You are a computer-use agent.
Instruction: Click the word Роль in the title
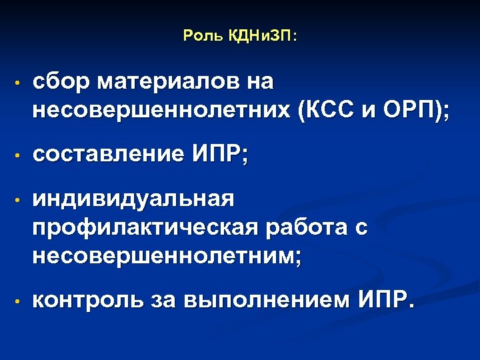tap(198, 37)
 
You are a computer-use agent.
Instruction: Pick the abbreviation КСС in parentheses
tap(330, 111)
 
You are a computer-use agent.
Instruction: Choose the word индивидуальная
tap(134, 199)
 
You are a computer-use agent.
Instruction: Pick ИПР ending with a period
tap(385, 301)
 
